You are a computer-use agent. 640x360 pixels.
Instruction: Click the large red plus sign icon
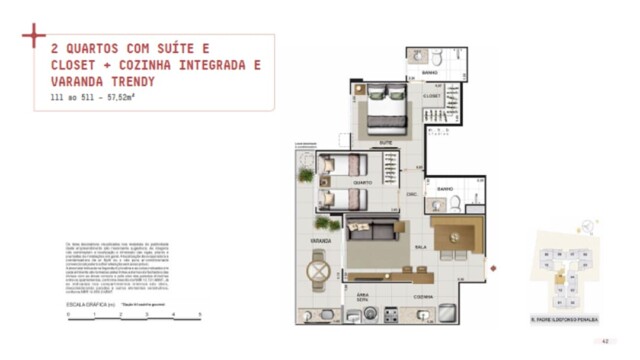pos(34,36)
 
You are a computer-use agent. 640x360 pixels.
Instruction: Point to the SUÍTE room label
pos(385,142)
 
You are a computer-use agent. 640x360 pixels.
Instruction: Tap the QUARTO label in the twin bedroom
pos(363,183)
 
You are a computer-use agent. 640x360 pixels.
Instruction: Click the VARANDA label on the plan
pos(322,240)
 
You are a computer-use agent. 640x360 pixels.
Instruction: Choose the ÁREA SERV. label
pos(362,298)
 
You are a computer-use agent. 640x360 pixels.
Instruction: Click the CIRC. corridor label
pos(410,195)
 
